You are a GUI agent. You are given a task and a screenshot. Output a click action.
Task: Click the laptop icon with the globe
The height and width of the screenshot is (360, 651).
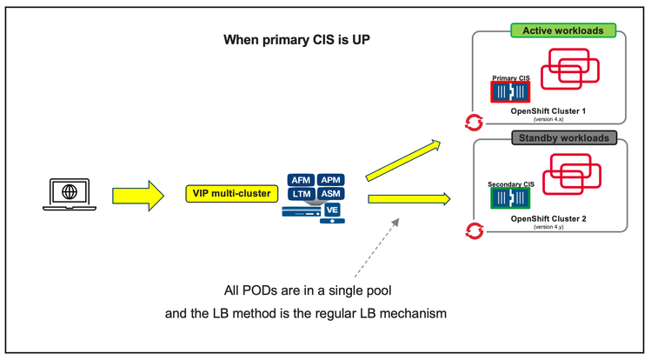[x=65, y=193]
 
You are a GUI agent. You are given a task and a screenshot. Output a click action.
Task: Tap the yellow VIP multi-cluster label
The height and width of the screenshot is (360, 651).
[x=228, y=193]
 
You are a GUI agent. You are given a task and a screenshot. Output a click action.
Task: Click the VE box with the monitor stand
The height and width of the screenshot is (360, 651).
[x=331, y=210]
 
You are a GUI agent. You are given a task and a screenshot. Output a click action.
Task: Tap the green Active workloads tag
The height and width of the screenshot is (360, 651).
[x=563, y=30]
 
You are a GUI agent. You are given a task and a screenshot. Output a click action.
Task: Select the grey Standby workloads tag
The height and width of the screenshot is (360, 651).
[x=563, y=137]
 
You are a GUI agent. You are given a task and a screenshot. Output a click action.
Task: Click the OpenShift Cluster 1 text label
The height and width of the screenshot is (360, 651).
[x=549, y=111]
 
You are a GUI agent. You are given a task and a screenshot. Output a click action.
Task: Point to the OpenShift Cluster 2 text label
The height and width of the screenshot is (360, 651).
[x=549, y=218]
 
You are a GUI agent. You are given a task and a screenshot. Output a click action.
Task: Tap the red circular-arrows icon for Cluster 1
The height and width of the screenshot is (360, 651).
[x=475, y=122]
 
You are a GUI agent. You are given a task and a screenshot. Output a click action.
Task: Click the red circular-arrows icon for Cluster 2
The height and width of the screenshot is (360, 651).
[x=475, y=230]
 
